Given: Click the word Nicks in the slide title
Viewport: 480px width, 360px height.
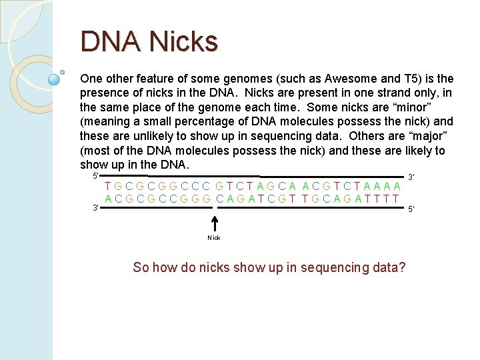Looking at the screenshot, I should click(x=183, y=42).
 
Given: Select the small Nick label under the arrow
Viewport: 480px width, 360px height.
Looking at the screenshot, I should click(x=214, y=238).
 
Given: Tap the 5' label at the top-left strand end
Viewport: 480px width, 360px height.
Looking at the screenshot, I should click(x=96, y=175).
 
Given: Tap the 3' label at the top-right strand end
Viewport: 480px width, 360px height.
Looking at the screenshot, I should click(x=412, y=177).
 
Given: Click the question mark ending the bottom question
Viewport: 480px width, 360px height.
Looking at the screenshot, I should click(x=401, y=267).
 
